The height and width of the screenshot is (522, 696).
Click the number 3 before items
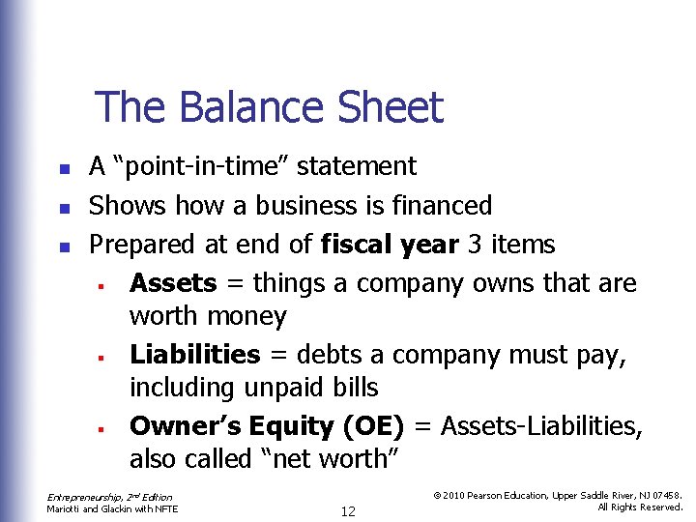coord(474,245)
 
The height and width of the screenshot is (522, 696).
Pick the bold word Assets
coord(173,283)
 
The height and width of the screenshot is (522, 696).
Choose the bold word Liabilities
coord(195,355)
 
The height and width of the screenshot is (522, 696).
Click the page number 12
coord(348,511)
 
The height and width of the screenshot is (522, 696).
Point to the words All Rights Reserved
coord(640,507)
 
